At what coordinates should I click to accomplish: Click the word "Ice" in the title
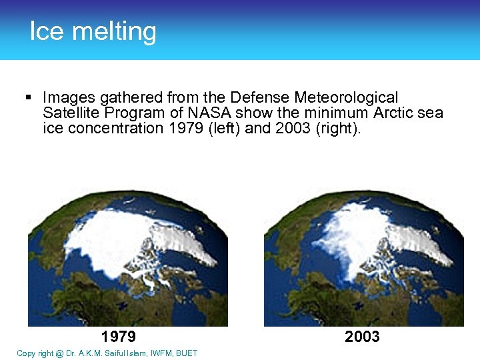(45, 31)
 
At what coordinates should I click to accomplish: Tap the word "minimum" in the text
(318, 113)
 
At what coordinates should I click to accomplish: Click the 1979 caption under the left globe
(119, 336)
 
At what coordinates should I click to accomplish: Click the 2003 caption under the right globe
(362, 336)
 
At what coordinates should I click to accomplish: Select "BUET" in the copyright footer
(187, 353)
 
